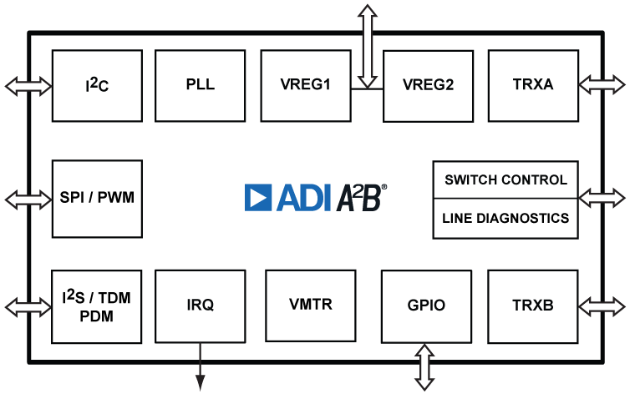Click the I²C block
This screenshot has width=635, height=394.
click(97, 85)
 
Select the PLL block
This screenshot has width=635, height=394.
click(201, 85)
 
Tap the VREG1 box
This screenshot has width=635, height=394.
click(306, 85)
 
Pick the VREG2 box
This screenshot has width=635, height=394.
click(428, 85)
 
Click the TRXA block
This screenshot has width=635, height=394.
click(533, 85)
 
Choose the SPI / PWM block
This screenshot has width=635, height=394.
click(97, 199)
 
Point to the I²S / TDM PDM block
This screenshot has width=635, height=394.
click(97, 305)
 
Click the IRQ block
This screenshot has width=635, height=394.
click(201, 305)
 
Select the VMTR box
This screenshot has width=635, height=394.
click(310, 305)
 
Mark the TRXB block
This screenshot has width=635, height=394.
click(533, 305)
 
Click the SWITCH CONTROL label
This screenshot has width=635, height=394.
click(505, 179)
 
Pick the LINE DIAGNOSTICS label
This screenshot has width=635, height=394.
click(505, 218)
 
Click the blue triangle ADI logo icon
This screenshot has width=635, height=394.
click(258, 197)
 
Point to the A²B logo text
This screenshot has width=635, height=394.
click(362, 197)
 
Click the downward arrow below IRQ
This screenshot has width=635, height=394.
click(201, 367)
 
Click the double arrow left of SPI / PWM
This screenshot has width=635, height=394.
click(28, 199)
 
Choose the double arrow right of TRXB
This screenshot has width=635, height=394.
click(601, 305)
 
